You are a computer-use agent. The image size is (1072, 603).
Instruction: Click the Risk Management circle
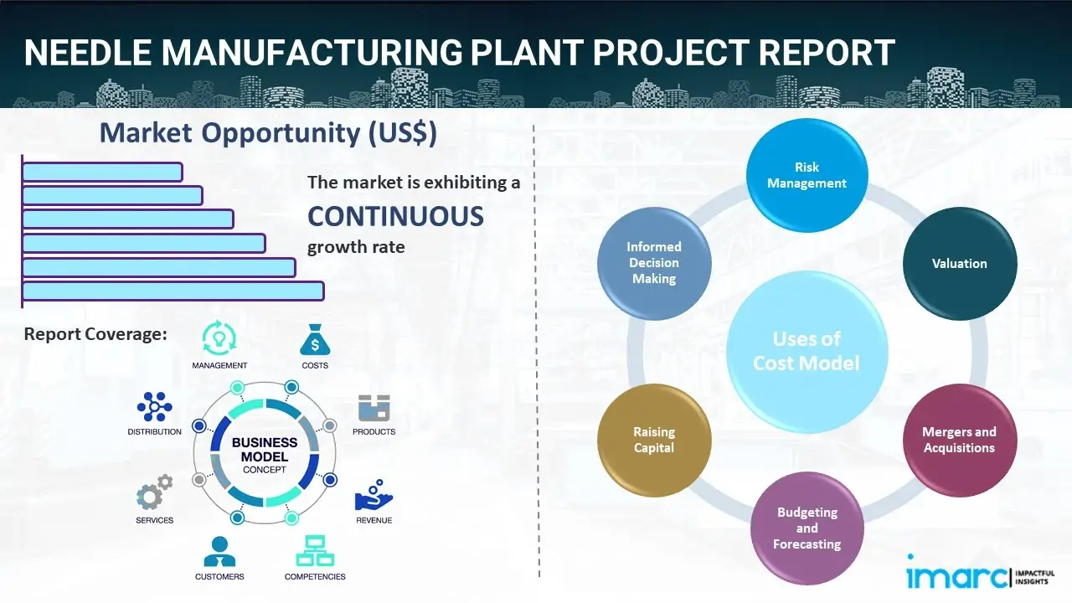807,175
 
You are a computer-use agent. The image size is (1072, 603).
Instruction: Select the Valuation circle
960,264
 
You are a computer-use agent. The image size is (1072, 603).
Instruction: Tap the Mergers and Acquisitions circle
959,440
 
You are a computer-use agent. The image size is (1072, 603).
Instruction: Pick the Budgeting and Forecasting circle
807,528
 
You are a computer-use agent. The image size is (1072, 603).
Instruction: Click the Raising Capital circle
654,440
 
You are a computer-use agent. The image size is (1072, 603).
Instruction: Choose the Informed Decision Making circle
654,263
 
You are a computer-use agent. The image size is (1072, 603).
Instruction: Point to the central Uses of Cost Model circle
807,351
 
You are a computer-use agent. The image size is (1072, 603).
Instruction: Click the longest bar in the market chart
173,291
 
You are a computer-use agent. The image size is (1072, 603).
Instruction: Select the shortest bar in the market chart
102,172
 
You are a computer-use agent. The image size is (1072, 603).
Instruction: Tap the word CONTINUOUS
395,217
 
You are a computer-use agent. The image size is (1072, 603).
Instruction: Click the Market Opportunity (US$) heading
268,133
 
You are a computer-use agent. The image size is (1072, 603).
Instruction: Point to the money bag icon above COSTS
315,340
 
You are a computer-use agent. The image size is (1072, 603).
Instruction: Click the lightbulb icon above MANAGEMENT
219,338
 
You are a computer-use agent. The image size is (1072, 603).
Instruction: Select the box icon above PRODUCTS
374,409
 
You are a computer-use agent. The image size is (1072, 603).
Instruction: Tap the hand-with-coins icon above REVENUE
374,496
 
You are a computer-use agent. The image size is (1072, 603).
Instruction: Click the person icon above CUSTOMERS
219,552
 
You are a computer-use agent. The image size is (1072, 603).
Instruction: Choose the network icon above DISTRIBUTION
154,407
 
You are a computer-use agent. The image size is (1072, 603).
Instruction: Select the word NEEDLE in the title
86,52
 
